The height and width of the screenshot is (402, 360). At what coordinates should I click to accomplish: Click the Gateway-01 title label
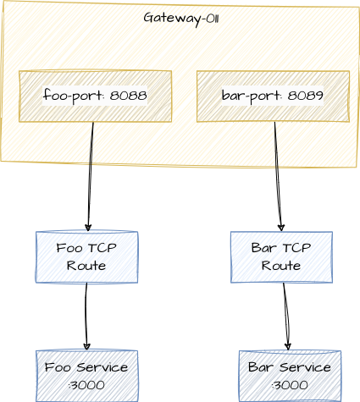pyautogui.click(x=180, y=18)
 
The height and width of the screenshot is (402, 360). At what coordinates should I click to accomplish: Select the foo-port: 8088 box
pyautogui.click(x=95, y=96)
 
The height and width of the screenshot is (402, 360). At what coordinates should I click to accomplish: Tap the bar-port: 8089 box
pyautogui.click(x=273, y=96)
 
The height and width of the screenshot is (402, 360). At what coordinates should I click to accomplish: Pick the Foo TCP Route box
pyautogui.click(x=86, y=256)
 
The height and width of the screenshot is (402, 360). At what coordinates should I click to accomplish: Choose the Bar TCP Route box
pyautogui.click(x=281, y=256)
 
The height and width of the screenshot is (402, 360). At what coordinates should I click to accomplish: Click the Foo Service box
pyautogui.click(x=86, y=376)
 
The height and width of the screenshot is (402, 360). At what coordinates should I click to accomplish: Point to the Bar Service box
pyautogui.click(x=290, y=376)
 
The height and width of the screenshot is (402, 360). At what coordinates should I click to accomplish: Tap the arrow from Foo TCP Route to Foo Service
pyautogui.click(x=86, y=317)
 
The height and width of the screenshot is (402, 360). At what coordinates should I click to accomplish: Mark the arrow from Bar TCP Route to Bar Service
pyautogui.click(x=286, y=317)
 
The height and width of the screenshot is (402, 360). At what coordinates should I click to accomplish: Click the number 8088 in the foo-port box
pyautogui.click(x=129, y=96)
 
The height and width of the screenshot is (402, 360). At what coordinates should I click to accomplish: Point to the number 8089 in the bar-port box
pyautogui.click(x=306, y=96)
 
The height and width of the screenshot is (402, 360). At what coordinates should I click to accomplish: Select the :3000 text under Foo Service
pyautogui.click(x=86, y=385)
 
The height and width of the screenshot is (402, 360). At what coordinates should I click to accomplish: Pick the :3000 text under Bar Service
pyautogui.click(x=290, y=385)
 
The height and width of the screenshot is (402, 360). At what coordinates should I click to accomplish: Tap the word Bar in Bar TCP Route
pyautogui.click(x=263, y=248)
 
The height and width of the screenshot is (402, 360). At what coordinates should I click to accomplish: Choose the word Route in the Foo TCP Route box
pyautogui.click(x=86, y=266)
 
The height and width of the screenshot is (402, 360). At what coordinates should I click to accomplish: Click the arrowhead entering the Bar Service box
pyautogui.click(x=288, y=347)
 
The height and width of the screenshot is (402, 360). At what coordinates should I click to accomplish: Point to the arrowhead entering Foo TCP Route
pyautogui.click(x=88, y=228)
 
